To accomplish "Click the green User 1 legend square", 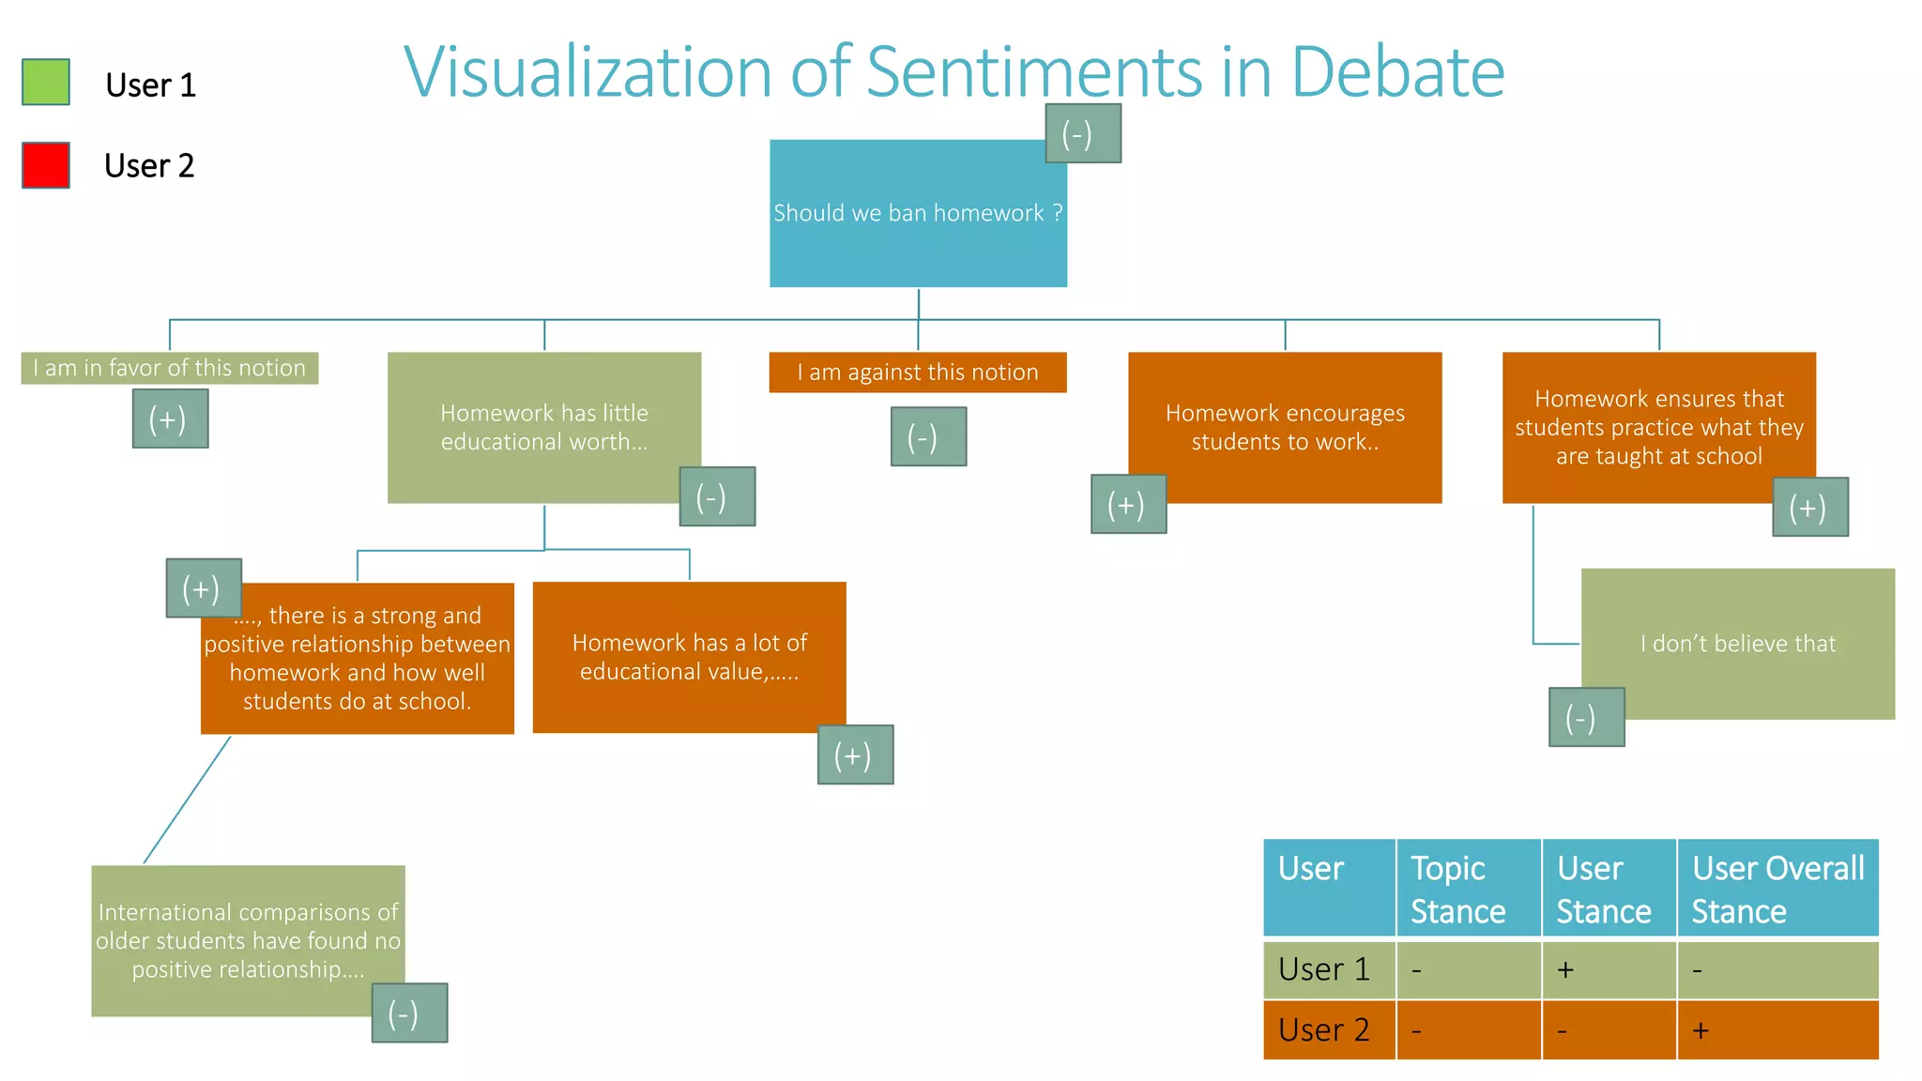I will [46, 82].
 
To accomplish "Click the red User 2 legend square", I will [46, 165].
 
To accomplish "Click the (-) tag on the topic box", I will [1083, 133].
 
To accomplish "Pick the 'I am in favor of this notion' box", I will [170, 368].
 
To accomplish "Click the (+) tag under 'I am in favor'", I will [170, 419].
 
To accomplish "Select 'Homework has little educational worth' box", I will [543, 427].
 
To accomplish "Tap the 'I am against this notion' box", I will [917, 373].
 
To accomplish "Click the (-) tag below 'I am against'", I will [928, 436].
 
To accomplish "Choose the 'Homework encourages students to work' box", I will [1285, 427].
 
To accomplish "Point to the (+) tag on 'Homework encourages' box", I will [1128, 504].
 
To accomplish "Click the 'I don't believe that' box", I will [1737, 644].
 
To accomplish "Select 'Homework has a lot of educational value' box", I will [689, 657].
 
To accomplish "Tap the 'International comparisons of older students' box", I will [248, 940].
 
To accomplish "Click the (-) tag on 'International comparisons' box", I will [409, 1012].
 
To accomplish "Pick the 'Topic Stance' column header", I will [1468, 888].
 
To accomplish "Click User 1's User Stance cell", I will [1609, 969].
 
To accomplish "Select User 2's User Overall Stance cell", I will [1777, 1030].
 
